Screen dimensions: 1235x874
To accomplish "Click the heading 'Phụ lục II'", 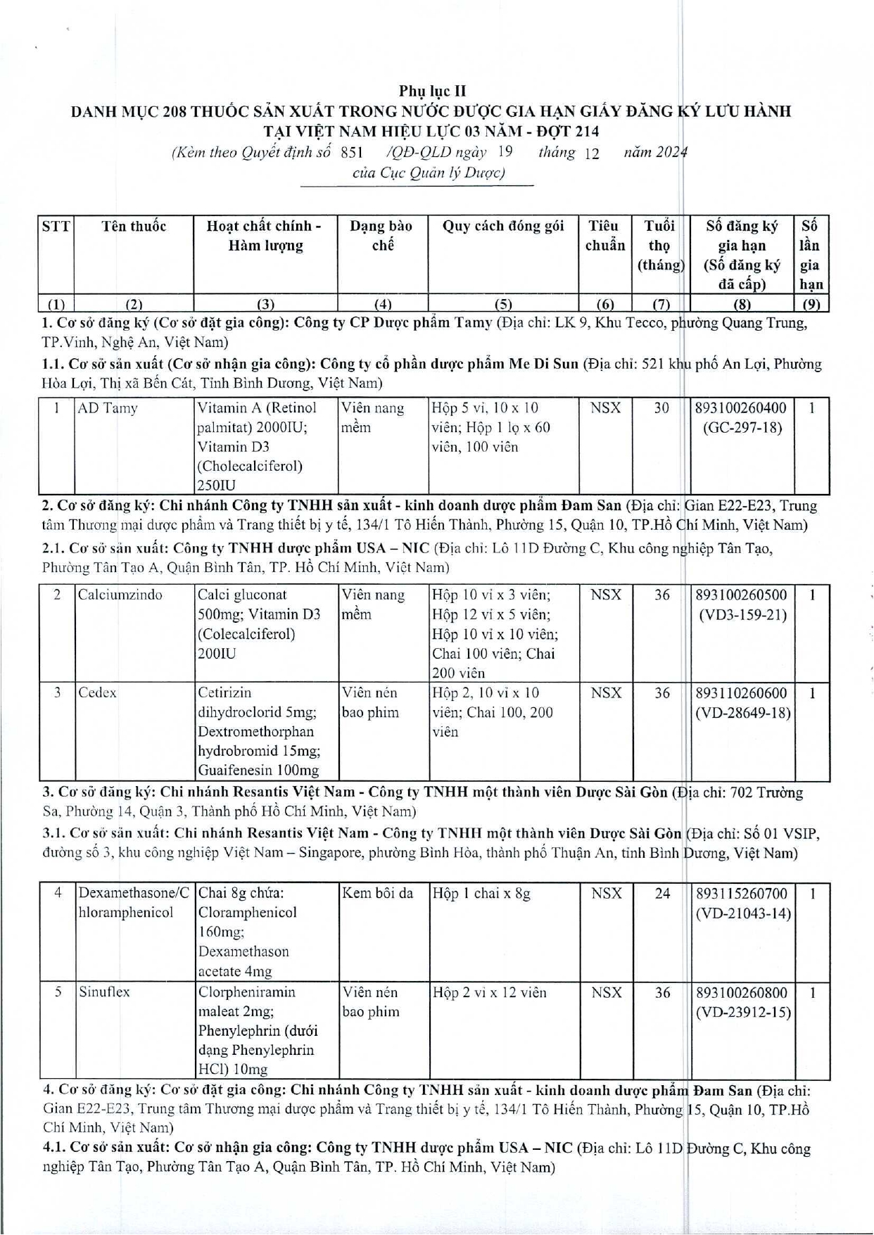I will click(x=432, y=91).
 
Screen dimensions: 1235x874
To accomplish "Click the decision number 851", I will click(x=351, y=152).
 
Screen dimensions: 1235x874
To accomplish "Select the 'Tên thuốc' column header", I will click(x=134, y=226).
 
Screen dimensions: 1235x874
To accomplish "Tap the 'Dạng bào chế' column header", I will click(x=381, y=236).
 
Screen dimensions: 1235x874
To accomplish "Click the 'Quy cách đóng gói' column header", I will click(x=502, y=226).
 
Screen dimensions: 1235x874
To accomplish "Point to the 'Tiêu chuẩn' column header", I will click(x=604, y=236).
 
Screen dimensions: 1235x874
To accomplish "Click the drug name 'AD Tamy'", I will click(x=108, y=408).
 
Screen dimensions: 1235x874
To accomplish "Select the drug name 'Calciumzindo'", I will click(x=120, y=595).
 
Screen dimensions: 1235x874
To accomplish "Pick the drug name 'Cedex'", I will click(x=97, y=692).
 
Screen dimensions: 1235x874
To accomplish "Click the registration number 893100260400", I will click(x=741, y=408).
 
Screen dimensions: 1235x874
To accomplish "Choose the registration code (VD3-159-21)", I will click(x=742, y=614).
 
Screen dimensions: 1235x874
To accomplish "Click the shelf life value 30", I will click(x=661, y=408).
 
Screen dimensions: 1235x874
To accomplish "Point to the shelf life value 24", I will click(x=662, y=894).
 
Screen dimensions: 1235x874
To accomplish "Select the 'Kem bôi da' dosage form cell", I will click(x=377, y=894).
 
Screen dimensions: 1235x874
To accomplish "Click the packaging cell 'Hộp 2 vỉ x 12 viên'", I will click(x=489, y=992).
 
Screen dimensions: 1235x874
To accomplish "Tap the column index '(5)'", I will click(x=502, y=304).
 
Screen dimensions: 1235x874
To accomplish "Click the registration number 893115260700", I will click(x=742, y=894).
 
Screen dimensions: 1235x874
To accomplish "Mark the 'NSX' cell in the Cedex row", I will click(x=605, y=693).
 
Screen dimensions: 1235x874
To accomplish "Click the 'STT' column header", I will click(x=56, y=226).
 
